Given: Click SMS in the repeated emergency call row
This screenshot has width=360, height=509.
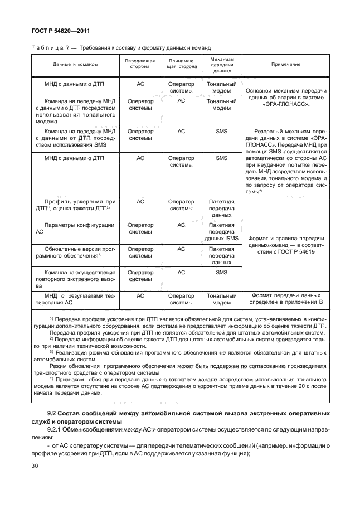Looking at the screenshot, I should [x=222, y=273].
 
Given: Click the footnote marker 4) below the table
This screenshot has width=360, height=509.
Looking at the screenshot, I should [x=52, y=380].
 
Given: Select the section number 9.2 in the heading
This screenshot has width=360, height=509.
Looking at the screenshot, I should [x=53, y=413].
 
